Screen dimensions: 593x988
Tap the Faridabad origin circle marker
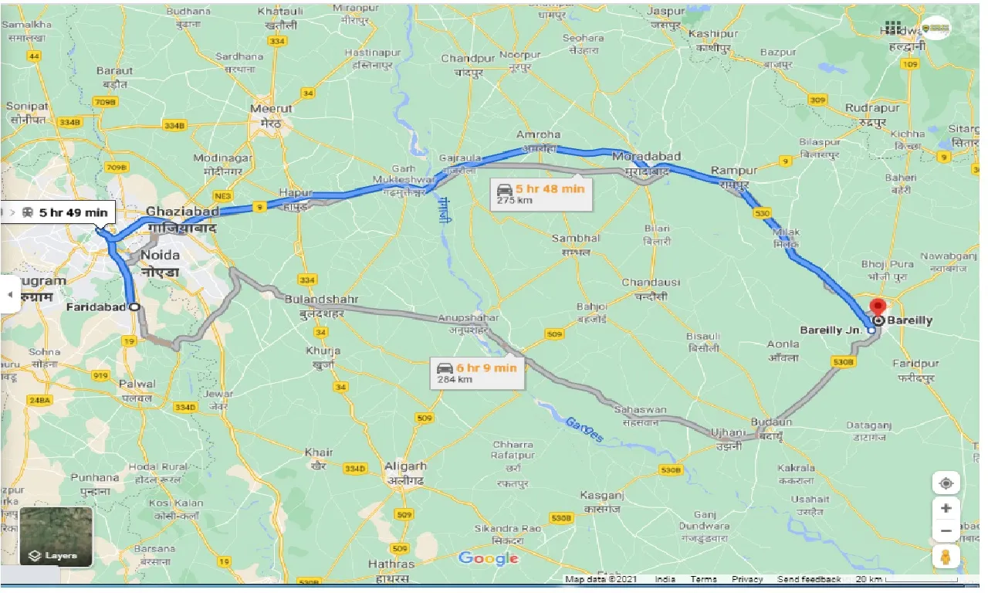pos(135,307)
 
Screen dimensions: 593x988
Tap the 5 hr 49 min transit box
pos(65,212)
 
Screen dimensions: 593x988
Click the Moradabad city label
pos(646,157)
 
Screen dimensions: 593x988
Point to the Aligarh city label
pos(405,466)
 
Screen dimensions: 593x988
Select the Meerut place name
pos(272,109)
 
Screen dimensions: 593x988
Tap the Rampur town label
pos(730,170)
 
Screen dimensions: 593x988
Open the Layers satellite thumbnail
pos(56,535)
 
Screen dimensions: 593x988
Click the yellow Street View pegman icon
pos(946,556)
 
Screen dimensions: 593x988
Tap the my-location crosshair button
pos(946,483)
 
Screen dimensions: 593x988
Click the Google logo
pos(488,558)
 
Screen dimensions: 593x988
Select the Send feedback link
pos(809,579)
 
